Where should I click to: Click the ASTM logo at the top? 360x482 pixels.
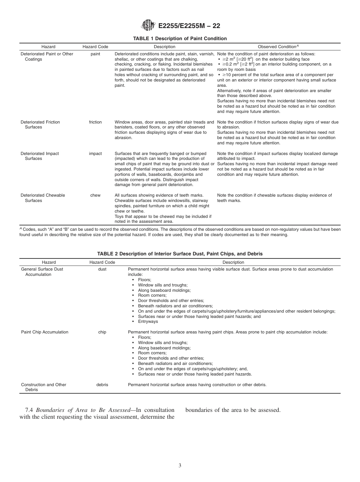148,26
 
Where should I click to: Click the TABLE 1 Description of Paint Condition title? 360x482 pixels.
180,39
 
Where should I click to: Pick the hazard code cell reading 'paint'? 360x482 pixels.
95,54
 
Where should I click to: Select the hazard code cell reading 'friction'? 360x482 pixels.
95,122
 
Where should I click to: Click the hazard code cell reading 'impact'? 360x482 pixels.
95,153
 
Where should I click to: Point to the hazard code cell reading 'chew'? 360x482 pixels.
95,195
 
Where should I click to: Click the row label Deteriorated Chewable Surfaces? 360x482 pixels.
42,198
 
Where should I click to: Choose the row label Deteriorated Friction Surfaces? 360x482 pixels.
40,125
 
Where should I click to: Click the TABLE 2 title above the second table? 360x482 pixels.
180,254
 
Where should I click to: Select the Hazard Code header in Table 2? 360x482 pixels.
102,262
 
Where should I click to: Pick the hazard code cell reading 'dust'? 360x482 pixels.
102,269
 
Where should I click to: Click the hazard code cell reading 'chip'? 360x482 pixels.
102,332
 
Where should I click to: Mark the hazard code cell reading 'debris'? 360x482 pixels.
102,385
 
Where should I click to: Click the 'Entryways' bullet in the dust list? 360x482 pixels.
148,322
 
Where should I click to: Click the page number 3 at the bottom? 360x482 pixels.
180,466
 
